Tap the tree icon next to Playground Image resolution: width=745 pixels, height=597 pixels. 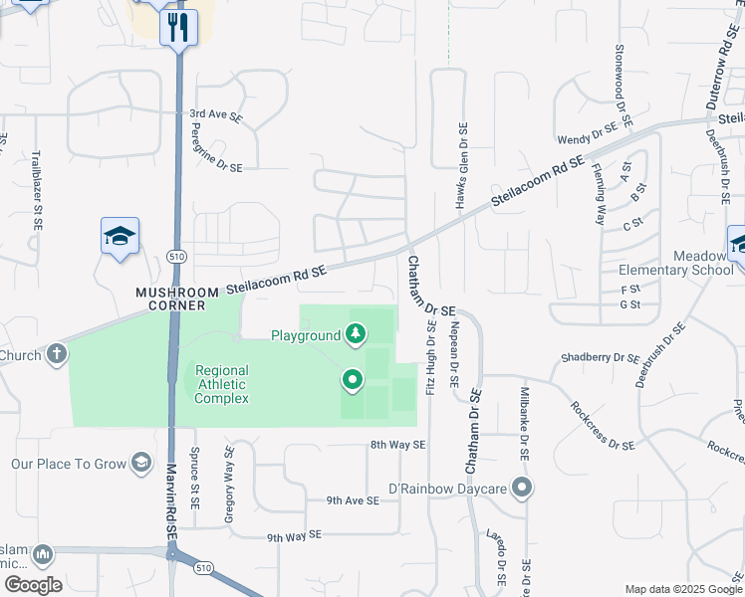pos(356,334)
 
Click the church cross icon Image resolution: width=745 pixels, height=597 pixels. pos(57,353)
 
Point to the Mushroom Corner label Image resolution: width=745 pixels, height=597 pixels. pos(177,298)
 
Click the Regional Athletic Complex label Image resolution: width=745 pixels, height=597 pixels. pos(221,384)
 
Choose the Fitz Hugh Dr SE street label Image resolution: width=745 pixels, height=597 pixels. pos(431,356)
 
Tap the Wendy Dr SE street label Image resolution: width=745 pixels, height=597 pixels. pos(588,131)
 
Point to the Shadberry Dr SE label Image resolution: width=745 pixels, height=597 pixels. pos(601,357)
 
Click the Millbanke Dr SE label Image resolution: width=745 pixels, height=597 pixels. pos(524,424)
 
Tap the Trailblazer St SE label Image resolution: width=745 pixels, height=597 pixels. pos(36,184)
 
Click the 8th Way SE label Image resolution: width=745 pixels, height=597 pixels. pos(397,445)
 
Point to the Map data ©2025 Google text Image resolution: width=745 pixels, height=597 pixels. pos(682,589)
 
